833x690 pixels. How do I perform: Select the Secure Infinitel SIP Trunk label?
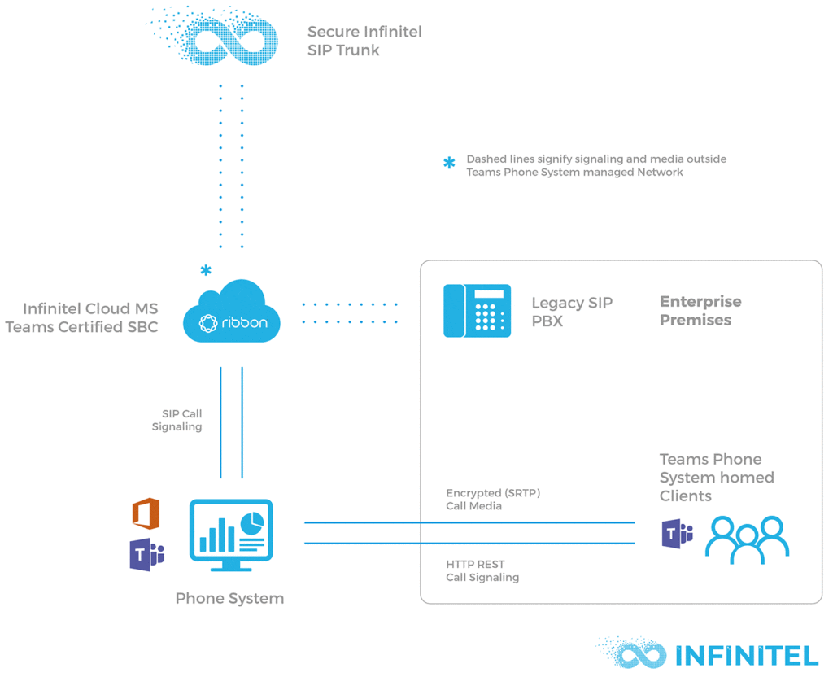tap(364, 41)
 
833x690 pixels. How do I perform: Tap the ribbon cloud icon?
tap(232, 314)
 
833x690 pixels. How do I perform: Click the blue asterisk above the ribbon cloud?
tap(206, 270)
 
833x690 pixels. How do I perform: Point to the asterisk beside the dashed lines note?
tap(449, 164)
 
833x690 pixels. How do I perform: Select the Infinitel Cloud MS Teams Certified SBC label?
tap(81, 317)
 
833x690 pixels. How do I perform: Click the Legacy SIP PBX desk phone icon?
tap(477, 311)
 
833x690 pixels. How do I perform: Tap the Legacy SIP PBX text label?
tap(571, 312)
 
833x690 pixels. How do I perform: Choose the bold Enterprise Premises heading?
tap(700, 311)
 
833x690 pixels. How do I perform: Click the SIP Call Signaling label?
tap(177, 420)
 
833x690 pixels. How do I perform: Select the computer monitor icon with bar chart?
tap(231, 533)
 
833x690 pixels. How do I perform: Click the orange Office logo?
tap(146, 514)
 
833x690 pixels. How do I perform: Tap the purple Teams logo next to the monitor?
tap(146, 555)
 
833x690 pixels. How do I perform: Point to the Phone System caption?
tap(229, 598)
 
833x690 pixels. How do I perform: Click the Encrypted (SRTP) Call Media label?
tap(492, 499)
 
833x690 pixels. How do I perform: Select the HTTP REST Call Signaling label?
tap(482, 570)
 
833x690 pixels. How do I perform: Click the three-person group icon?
tap(747, 539)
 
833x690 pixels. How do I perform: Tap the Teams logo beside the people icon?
tap(677, 534)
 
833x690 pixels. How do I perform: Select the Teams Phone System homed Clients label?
tap(716, 478)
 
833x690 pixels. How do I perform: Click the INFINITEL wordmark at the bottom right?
tap(746, 656)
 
